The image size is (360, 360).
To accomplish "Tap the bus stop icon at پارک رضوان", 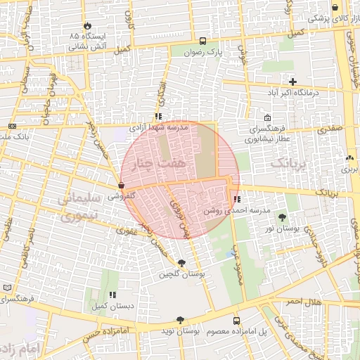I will pos(203,41).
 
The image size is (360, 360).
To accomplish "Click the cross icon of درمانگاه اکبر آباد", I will pos(293,82).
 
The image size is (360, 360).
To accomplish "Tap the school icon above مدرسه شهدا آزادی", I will pos(158,116).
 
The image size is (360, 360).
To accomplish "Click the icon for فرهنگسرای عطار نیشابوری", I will pos(267,118).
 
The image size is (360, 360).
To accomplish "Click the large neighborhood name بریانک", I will pos(289,164).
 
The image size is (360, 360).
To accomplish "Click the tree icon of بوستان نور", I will pos(282,217).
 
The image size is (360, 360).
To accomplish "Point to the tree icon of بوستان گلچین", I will pos(183,263).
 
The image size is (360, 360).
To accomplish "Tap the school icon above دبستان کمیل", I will pos(111,295).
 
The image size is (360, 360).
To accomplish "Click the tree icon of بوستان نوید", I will pos(181,319).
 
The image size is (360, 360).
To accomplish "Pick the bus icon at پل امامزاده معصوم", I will pos(236,319).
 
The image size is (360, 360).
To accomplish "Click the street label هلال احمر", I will pos(302,301).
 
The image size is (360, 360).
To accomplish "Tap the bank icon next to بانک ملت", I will pos(12,126).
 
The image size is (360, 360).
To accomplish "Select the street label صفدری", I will pos(330,129).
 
